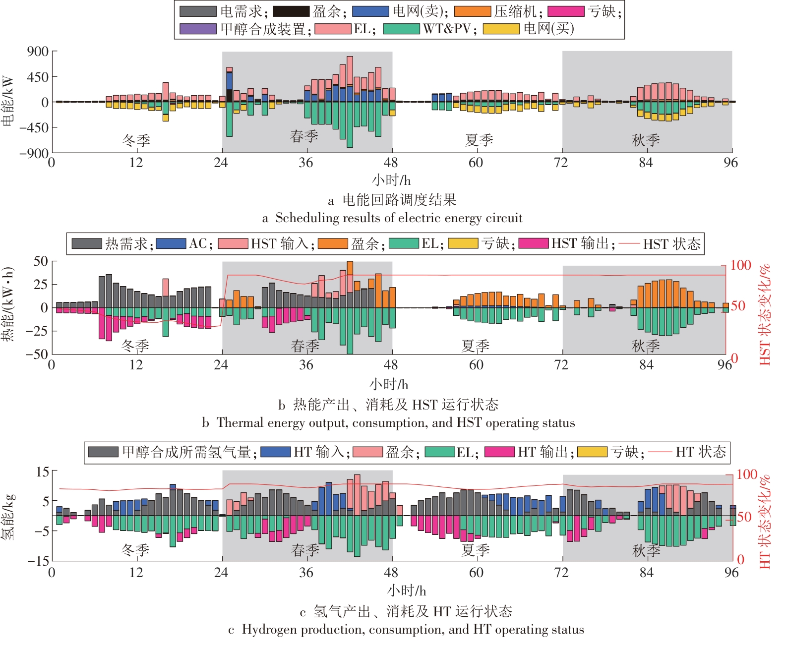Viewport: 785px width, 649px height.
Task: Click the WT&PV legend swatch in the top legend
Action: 401,29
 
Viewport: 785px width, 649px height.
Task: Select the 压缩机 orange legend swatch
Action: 472,11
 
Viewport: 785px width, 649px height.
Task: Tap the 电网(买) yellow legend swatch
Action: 501,29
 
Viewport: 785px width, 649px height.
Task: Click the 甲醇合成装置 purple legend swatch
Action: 197,29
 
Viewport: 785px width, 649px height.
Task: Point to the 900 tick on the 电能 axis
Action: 38,52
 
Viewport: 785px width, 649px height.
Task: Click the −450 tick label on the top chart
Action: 34,127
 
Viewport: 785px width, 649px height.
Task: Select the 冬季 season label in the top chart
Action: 136,140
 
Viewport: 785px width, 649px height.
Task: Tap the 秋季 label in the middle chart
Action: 645,346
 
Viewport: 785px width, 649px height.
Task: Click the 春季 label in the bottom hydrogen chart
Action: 305,550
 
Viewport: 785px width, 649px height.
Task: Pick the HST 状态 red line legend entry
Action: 629,243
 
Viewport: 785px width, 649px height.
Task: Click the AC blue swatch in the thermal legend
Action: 171,243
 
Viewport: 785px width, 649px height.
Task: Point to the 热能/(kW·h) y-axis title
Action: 7,304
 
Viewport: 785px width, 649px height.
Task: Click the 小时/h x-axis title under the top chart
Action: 391,179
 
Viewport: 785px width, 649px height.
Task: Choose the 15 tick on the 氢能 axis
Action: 43,472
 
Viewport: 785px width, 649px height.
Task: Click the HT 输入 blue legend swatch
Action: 275,452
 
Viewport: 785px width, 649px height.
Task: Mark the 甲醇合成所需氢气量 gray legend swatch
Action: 103,452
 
